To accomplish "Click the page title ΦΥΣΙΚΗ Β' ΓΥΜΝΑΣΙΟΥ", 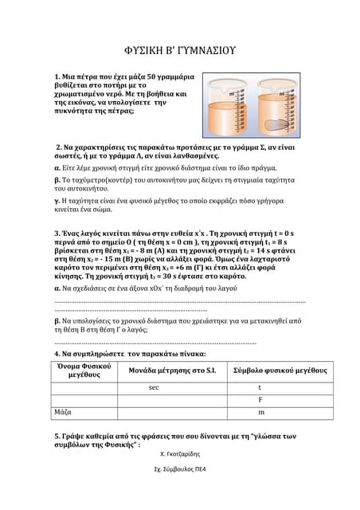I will tap(180, 51).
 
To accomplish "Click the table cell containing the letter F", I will tap(260, 400).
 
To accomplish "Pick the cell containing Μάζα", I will tap(64, 413).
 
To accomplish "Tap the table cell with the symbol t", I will tap(260, 387).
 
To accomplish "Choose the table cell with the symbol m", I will tap(260, 413).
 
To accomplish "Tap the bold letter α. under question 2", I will tap(57, 168).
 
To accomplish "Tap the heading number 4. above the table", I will tap(57, 353).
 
